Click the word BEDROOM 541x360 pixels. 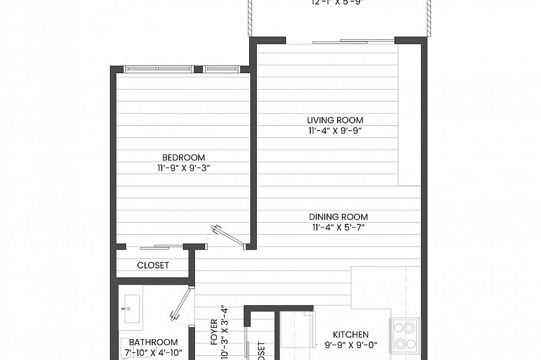[x=183, y=157]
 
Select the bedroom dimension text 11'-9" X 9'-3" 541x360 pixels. [x=183, y=168]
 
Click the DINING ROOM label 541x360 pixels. [x=339, y=217]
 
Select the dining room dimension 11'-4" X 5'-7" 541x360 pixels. [x=339, y=228]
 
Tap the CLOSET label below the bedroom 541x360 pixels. [x=153, y=266]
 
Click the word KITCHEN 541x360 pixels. [x=350, y=334]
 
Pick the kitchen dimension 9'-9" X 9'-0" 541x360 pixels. [x=350, y=345]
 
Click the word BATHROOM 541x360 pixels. [x=153, y=342]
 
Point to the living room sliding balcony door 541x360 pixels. [x=353, y=42]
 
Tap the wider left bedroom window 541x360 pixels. [x=158, y=70]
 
